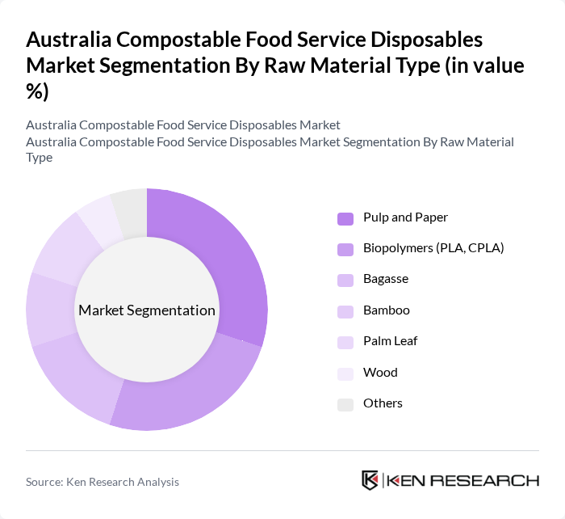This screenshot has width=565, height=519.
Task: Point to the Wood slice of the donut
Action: (x=98, y=222)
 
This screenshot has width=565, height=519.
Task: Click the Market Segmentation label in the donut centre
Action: (x=147, y=310)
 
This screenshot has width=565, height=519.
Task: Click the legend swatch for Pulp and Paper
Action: (x=345, y=218)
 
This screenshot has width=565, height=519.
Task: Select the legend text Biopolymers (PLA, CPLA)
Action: (x=433, y=248)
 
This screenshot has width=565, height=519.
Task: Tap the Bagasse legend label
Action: (x=386, y=279)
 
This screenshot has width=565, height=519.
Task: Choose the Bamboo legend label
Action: (x=387, y=310)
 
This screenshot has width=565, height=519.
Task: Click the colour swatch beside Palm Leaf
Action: (x=345, y=342)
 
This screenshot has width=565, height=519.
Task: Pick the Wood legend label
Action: (x=380, y=373)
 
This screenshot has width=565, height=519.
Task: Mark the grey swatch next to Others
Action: (x=345, y=404)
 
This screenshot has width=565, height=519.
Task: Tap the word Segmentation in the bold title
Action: (x=168, y=66)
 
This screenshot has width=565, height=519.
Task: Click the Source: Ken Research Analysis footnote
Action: (x=103, y=482)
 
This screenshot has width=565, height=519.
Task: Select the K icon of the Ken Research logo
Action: (x=370, y=480)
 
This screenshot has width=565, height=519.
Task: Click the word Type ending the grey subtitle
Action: (x=39, y=158)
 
